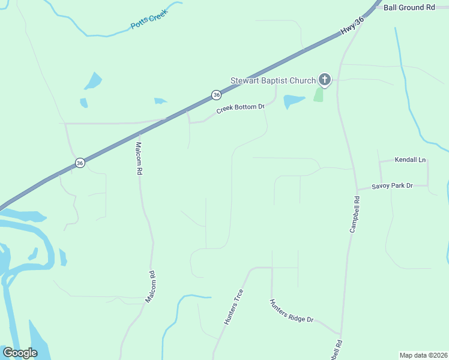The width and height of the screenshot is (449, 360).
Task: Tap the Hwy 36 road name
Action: (352, 29)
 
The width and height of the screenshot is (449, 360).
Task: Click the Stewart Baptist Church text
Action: (273, 80)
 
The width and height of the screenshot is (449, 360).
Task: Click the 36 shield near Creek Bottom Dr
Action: (216, 95)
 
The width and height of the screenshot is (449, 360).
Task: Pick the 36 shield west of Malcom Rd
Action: (80, 163)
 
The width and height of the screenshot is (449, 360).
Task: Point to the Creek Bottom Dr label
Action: (240, 107)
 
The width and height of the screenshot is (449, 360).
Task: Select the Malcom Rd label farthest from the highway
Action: (151, 286)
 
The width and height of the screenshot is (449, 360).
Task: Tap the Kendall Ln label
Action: (410, 160)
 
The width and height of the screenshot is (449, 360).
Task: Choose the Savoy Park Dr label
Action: (393, 186)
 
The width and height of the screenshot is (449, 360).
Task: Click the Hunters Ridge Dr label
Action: (292, 311)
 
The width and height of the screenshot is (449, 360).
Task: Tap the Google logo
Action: (20, 352)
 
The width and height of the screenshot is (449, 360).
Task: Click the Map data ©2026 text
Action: (423, 355)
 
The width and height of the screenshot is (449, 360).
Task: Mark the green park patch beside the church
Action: (318, 94)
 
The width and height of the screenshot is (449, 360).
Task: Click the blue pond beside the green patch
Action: (294, 101)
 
